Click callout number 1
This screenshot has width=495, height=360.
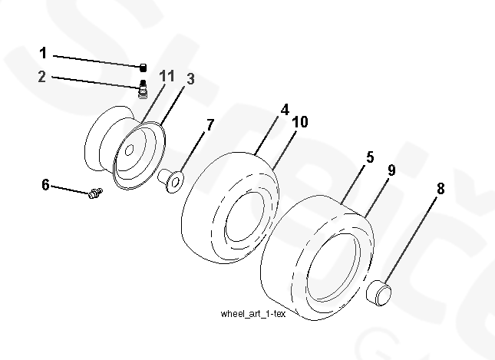point(43,53)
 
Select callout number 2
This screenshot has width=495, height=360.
point(43,76)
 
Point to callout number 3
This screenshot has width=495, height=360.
point(190,79)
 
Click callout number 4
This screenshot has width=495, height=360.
point(285,110)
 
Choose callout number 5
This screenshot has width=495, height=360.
point(370,157)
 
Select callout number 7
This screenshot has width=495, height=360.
point(210,124)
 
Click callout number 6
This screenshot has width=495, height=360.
point(46,184)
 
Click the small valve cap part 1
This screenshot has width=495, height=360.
point(143,67)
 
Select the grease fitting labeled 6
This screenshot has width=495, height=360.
point(95,197)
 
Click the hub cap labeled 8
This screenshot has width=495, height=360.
point(379,292)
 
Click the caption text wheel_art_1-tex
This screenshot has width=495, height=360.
point(252,314)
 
